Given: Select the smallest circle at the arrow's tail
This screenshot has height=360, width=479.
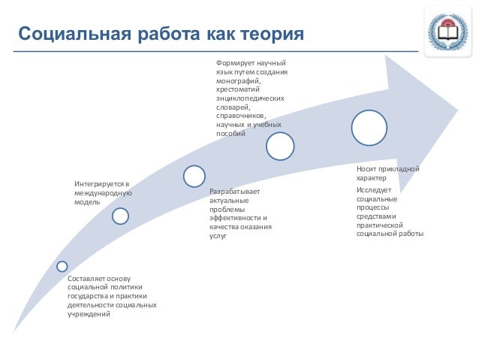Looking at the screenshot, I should coord(62,266).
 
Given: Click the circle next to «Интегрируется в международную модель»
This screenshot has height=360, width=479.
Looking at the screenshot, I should coord(120,216).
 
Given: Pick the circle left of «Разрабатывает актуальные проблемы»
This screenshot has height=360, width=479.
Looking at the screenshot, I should coord(194,176).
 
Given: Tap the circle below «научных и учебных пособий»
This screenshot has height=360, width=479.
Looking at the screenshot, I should coord(280,146).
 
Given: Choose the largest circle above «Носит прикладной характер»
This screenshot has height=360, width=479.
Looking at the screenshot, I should coord(370,128).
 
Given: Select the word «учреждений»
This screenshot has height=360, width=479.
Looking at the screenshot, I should coord(89,314).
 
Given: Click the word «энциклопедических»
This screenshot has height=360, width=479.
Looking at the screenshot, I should coord(249,98).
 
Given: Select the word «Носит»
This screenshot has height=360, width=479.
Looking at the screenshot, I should coord(366,170).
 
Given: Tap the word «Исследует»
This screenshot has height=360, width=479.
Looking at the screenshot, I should coord(371,191).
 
